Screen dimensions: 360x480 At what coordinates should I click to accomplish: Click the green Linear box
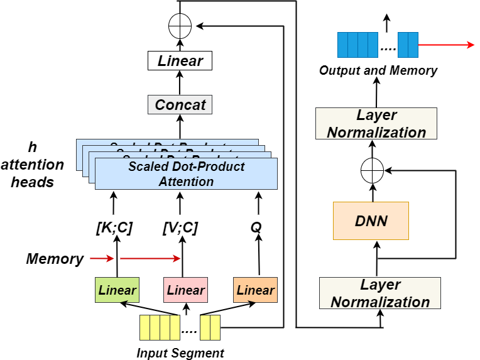[x=117, y=290]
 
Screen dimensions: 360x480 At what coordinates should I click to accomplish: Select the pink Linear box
[x=185, y=290]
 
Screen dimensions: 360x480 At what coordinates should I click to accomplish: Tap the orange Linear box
[x=255, y=290]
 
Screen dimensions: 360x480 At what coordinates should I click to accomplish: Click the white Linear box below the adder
[x=180, y=61]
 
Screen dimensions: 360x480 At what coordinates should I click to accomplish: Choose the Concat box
[x=180, y=104]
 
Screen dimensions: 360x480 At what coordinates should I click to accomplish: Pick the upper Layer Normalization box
[x=376, y=124]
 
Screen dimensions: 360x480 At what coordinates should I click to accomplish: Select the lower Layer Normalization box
[x=380, y=293]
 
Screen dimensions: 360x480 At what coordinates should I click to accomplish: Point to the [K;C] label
[x=114, y=229]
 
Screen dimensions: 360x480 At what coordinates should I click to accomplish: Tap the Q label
[x=255, y=229]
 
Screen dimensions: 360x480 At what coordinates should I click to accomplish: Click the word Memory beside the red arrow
[x=55, y=258]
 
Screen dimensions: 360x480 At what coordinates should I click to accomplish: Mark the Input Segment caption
[x=180, y=352]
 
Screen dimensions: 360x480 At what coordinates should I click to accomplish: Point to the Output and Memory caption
[x=378, y=70]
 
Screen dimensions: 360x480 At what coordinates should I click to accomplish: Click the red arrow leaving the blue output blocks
[x=445, y=45]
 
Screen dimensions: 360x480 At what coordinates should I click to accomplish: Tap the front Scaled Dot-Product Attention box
[x=186, y=174]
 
